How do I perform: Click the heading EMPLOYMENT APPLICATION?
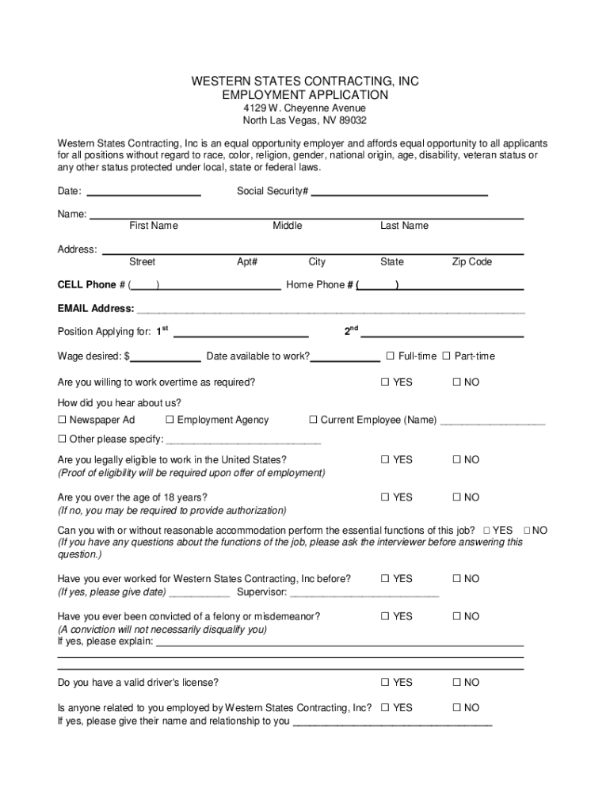click(x=305, y=95)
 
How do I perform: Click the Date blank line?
click(x=143, y=193)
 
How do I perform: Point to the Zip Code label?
click(x=471, y=262)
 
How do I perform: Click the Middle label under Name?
click(x=287, y=226)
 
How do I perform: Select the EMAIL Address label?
click(x=95, y=309)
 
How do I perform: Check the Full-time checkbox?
click(x=391, y=356)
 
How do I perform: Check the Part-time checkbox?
click(x=446, y=356)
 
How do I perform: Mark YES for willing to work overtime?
click(x=385, y=383)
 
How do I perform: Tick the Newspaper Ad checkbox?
click(x=62, y=420)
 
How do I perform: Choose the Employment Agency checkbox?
click(x=170, y=420)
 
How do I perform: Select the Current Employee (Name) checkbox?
click(x=313, y=420)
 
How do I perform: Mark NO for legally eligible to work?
click(x=456, y=460)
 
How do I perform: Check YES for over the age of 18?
click(x=385, y=497)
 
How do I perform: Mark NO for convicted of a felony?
click(x=456, y=616)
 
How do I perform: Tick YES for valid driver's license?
click(x=385, y=682)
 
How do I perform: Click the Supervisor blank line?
click(x=364, y=592)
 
